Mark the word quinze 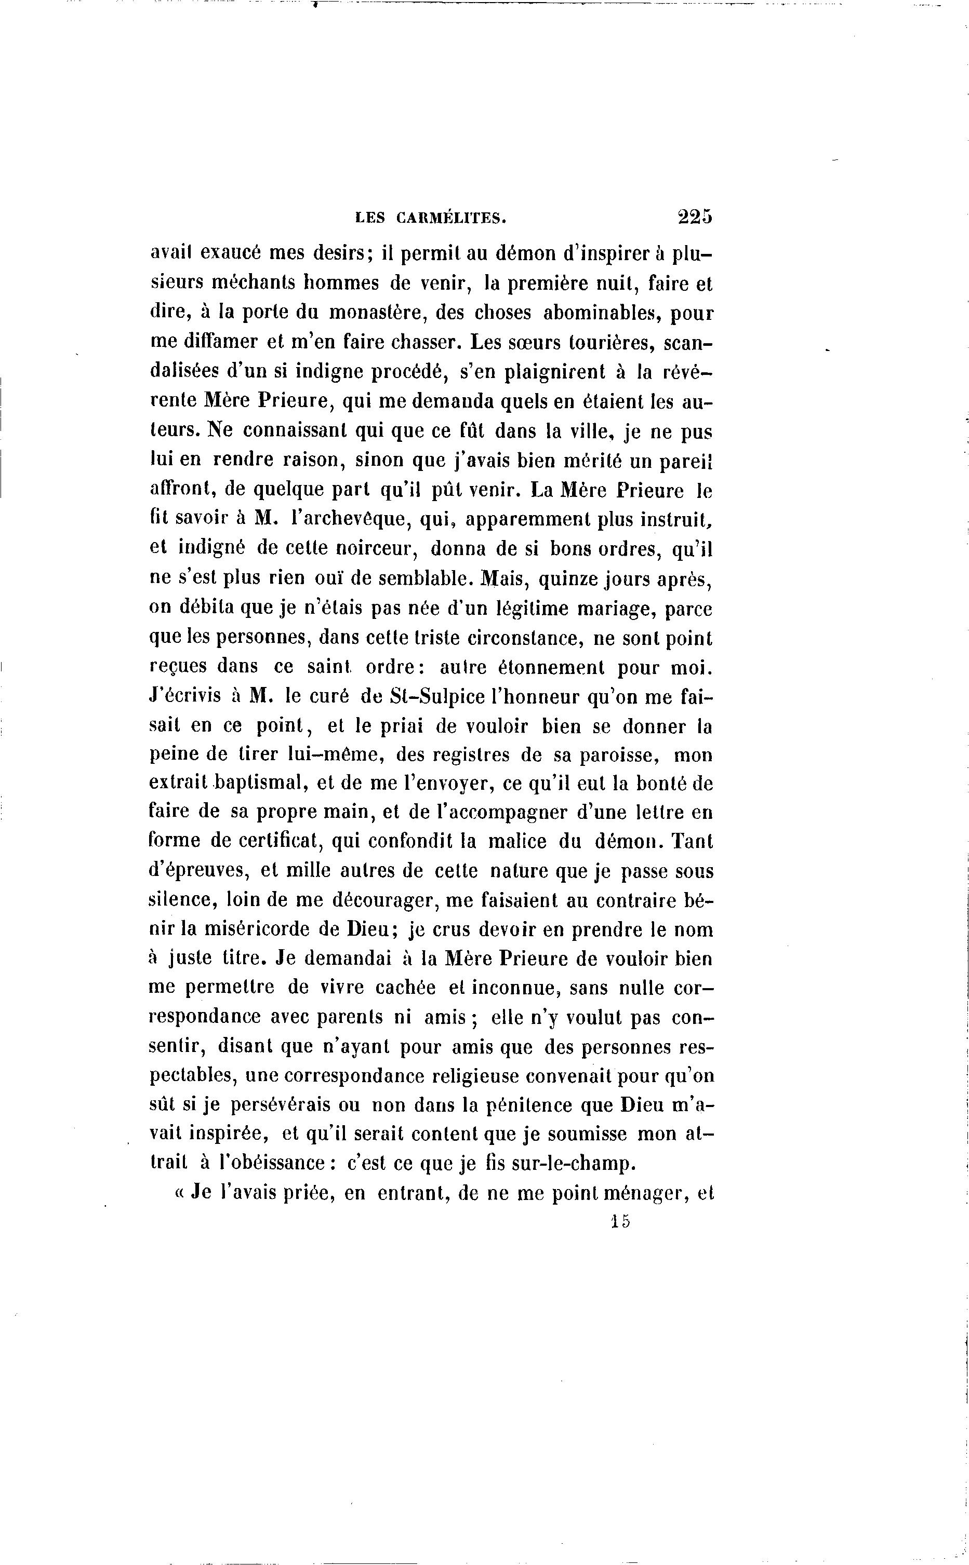click(x=572, y=579)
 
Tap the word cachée click(x=406, y=988)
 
